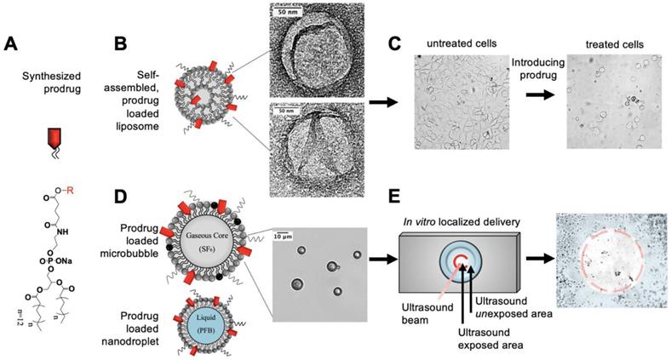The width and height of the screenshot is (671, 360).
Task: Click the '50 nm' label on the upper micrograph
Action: coord(284,13)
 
